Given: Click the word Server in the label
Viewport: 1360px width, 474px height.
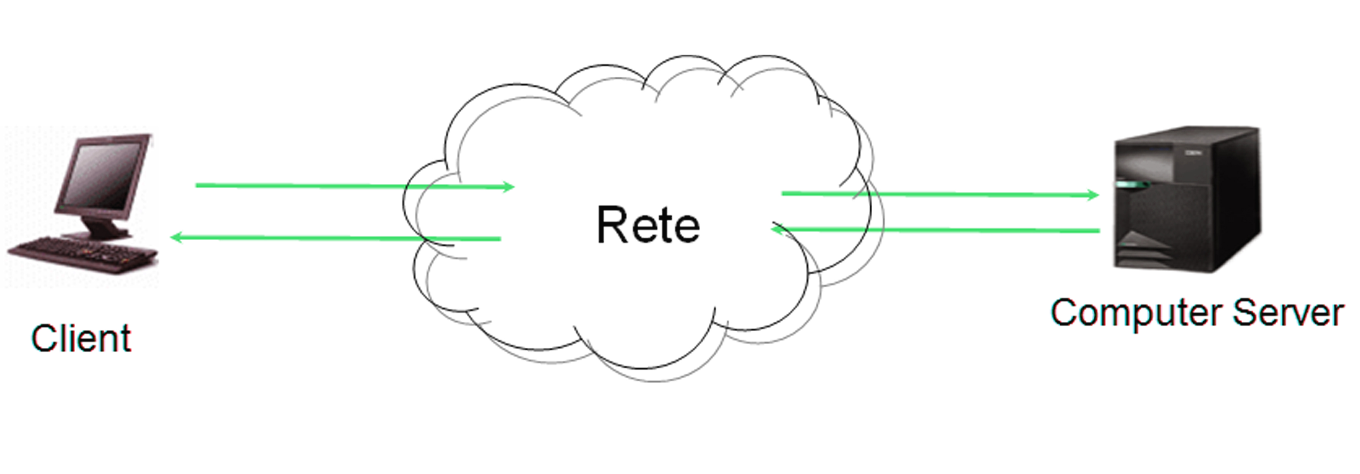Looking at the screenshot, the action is pos(1288,313).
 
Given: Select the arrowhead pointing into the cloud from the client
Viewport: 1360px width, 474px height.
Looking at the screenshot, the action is pos(507,186).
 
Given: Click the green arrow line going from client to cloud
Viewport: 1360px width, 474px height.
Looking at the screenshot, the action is pos(355,186).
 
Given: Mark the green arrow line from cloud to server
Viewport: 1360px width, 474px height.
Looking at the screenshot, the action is pos(940,194).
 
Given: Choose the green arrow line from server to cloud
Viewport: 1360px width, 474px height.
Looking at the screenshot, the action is pos(935,229).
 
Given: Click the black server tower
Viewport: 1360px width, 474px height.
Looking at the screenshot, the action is pos(1187,200).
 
